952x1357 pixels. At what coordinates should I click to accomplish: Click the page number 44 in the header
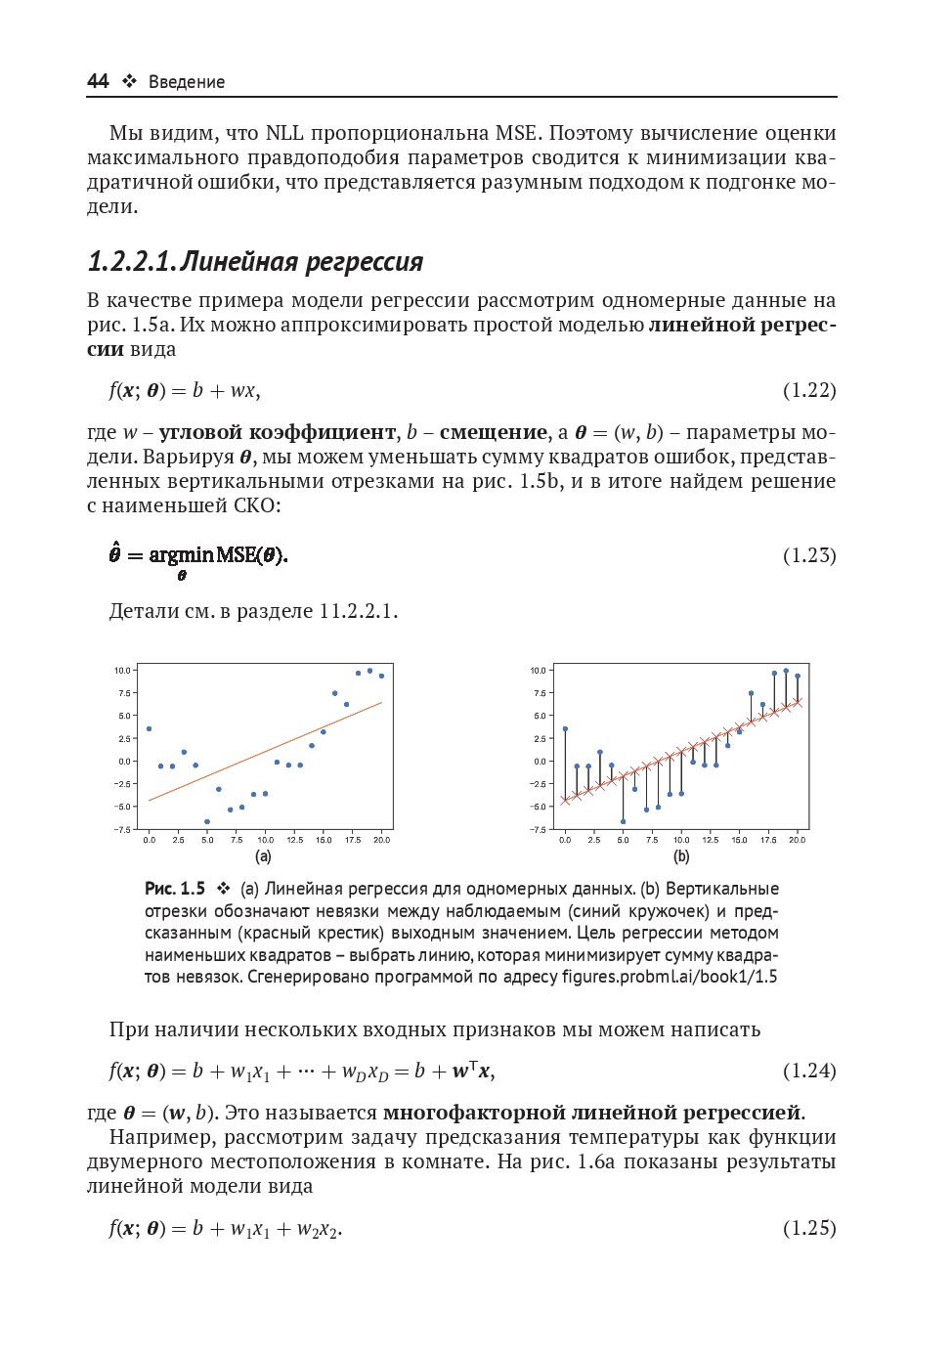(x=98, y=81)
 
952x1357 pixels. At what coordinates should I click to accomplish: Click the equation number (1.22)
(x=809, y=390)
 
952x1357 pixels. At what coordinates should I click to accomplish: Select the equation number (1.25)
(x=809, y=1228)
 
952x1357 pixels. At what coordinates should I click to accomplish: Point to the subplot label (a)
(x=263, y=856)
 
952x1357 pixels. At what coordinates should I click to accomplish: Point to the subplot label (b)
(x=681, y=856)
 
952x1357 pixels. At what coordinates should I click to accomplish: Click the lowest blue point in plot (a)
(x=207, y=822)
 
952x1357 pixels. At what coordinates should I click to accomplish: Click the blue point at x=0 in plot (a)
(x=149, y=728)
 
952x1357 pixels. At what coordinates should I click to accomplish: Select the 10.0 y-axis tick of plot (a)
(x=122, y=671)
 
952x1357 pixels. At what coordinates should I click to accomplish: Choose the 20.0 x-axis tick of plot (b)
(x=798, y=840)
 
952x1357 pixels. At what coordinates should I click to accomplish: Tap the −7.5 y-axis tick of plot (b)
(x=538, y=829)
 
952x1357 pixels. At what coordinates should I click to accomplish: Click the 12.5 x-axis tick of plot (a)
(x=294, y=840)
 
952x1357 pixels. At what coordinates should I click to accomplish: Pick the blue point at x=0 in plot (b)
(x=565, y=728)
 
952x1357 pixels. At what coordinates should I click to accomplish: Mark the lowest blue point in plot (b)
(x=623, y=822)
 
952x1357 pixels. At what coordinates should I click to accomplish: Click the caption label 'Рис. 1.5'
(x=175, y=889)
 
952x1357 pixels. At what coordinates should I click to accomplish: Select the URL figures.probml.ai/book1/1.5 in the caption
(x=670, y=977)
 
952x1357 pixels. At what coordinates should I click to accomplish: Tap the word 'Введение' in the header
(x=187, y=82)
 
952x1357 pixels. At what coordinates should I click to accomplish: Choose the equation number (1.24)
(x=809, y=1071)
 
